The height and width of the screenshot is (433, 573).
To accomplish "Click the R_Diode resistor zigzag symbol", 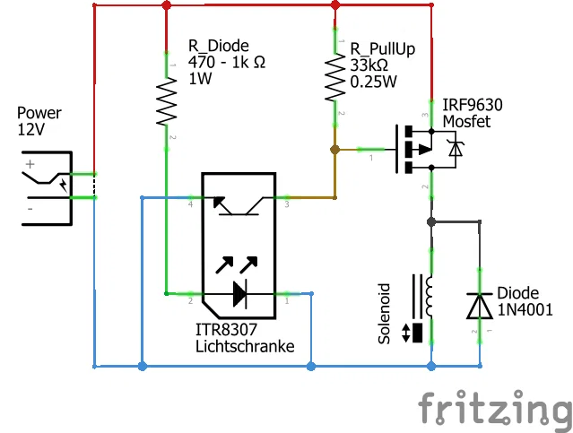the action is click(x=167, y=102).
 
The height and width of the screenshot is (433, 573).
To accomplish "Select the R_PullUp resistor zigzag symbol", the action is click(x=335, y=77).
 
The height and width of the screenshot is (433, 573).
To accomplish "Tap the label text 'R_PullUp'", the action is click(x=383, y=49).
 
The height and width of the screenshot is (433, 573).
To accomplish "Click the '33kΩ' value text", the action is click(x=369, y=65).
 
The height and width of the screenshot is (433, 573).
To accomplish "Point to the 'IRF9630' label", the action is click(x=473, y=105).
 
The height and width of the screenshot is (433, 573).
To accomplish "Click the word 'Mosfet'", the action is click(x=466, y=122).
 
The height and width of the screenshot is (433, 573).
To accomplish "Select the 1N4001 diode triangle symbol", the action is click(x=480, y=306).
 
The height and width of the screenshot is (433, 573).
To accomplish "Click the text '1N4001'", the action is click(x=525, y=310).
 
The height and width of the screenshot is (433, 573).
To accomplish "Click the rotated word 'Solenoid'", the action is click(x=384, y=314).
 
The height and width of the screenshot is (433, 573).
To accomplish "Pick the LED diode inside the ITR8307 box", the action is click(x=239, y=293).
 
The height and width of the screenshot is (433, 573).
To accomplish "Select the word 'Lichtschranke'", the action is click(x=245, y=346).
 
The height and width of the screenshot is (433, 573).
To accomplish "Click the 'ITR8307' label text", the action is click(x=227, y=330).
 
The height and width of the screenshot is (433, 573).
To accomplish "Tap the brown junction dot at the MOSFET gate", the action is click(x=334, y=150).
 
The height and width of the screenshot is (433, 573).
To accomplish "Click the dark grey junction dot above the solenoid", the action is click(x=431, y=221).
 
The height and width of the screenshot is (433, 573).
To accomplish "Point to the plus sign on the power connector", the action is click(x=30, y=164).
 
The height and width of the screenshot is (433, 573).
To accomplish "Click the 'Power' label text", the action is click(x=39, y=113).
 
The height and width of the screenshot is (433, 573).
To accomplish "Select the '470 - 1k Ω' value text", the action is click(x=227, y=62).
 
